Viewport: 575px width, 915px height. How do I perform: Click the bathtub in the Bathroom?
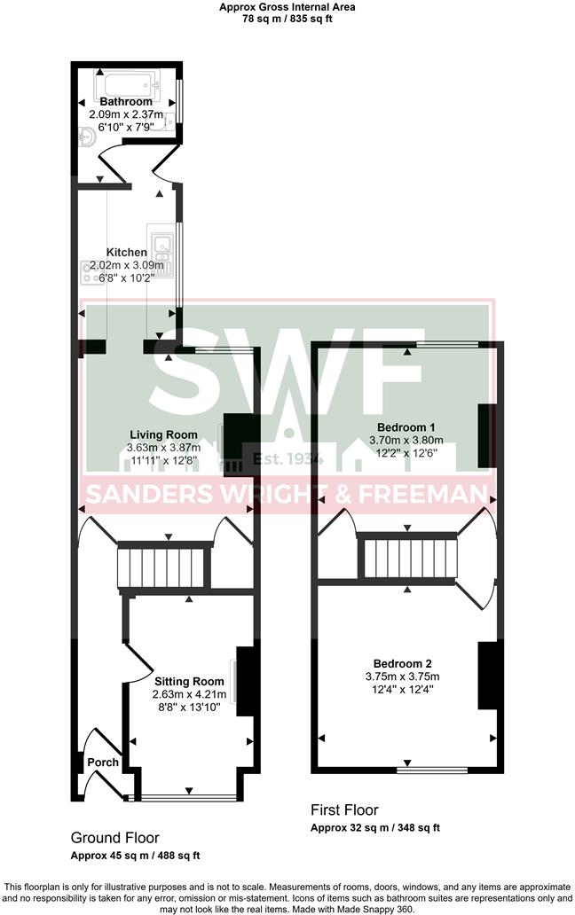pyautogui.click(x=130, y=86)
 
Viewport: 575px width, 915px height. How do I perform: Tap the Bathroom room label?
pyautogui.click(x=126, y=102)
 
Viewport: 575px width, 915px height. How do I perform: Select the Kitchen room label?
pyautogui.click(x=127, y=253)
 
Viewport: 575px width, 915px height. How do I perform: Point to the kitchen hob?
pyautogui.click(x=93, y=272)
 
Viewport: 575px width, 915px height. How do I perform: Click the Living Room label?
pyautogui.click(x=163, y=434)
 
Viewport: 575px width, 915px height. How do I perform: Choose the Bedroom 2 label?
pyautogui.click(x=402, y=664)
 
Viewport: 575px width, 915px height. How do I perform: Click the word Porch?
pyautogui.click(x=102, y=762)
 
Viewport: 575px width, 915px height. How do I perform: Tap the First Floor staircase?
pyautogui.click(x=408, y=557)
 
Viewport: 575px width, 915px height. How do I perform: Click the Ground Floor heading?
pyautogui.click(x=114, y=837)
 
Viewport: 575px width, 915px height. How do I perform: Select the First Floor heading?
pyautogui.click(x=344, y=809)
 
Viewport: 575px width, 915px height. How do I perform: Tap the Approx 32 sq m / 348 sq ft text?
pyautogui.click(x=374, y=827)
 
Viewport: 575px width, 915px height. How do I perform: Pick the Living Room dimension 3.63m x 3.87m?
pyautogui.click(x=163, y=448)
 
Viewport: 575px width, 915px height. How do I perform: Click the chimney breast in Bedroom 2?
pyautogui.click(x=485, y=676)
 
